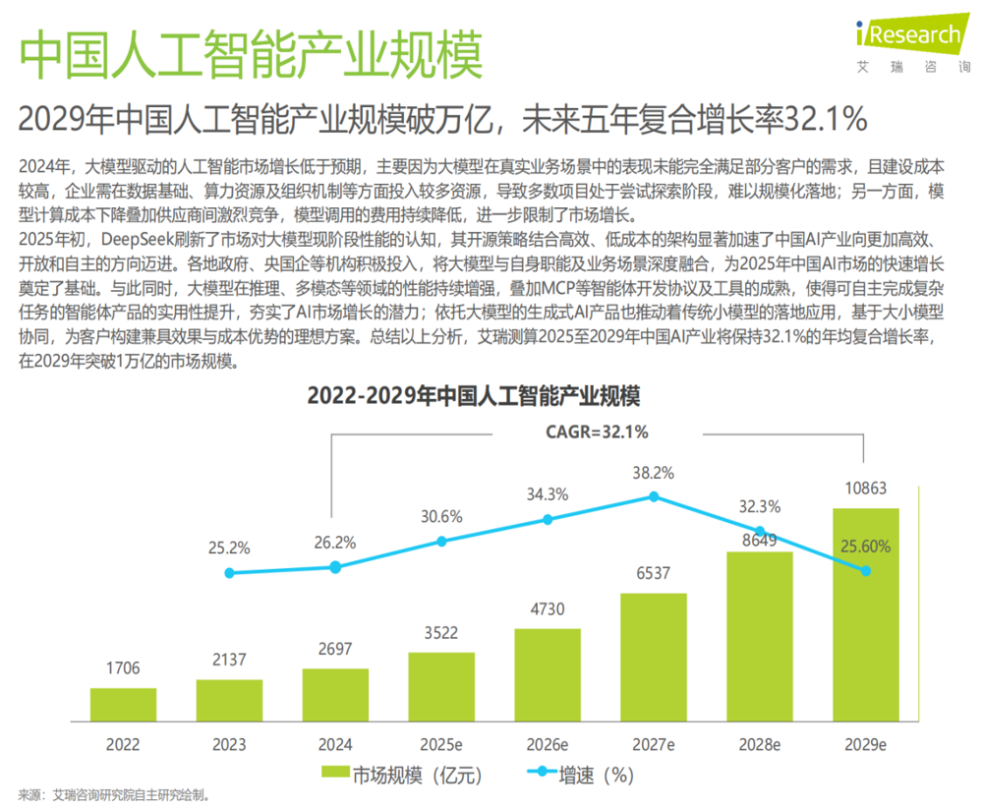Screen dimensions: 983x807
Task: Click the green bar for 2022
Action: [123, 704]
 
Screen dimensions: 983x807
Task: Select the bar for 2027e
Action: [654, 658]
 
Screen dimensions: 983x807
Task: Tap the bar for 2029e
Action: [866, 614]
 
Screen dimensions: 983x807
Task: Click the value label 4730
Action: [548, 608]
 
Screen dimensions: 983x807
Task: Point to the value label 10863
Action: [866, 488]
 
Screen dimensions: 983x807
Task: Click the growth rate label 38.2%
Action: [654, 473]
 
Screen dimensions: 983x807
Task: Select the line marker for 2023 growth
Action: [229, 573]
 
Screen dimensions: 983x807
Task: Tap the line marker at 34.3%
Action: [548, 520]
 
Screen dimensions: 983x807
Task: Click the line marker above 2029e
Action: [866, 571]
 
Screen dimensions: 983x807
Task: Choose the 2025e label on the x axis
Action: [441, 745]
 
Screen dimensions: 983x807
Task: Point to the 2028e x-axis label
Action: [760, 745]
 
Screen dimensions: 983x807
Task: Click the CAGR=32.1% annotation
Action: [597, 432]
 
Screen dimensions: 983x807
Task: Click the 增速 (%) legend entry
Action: [581, 775]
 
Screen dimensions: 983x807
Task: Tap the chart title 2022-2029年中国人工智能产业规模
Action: [474, 396]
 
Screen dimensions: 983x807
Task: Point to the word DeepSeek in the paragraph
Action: [138, 240]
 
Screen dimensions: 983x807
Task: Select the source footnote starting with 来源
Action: [113, 795]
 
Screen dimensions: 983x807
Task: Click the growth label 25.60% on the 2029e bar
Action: [866, 547]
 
